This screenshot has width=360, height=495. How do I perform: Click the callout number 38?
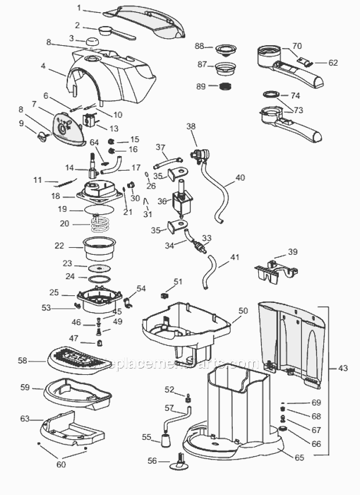click(191, 126)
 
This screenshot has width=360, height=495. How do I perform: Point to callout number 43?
click(343, 368)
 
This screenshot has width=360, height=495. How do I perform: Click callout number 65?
click(299, 457)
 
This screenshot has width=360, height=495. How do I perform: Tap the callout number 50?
click(243, 311)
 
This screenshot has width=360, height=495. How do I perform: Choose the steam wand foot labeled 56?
click(180, 463)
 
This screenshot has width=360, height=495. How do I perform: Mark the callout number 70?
click(297, 45)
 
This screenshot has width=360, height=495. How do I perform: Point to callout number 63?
click(24, 418)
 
